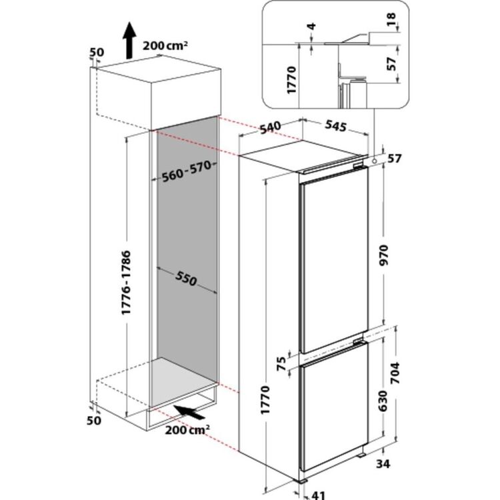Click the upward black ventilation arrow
coord(129,40)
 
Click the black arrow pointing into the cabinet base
coord(189,412)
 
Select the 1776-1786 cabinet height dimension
coord(126,283)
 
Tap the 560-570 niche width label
coord(187,171)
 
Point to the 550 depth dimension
coord(186,279)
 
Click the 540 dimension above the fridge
coord(270,127)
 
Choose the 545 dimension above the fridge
coord(335,125)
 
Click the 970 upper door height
coord(383,255)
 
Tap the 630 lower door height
coord(383,401)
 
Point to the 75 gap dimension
coord(281,363)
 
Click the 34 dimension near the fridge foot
coord(383,463)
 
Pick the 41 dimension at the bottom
coord(317,495)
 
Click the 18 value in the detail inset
coord(391,19)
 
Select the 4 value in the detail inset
coord(312,26)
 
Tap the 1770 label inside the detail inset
coord(292,80)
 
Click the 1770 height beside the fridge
coord(265,400)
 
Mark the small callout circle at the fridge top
coord(374,161)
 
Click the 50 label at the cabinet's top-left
coord(96,52)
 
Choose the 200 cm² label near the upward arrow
coord(165,45)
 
